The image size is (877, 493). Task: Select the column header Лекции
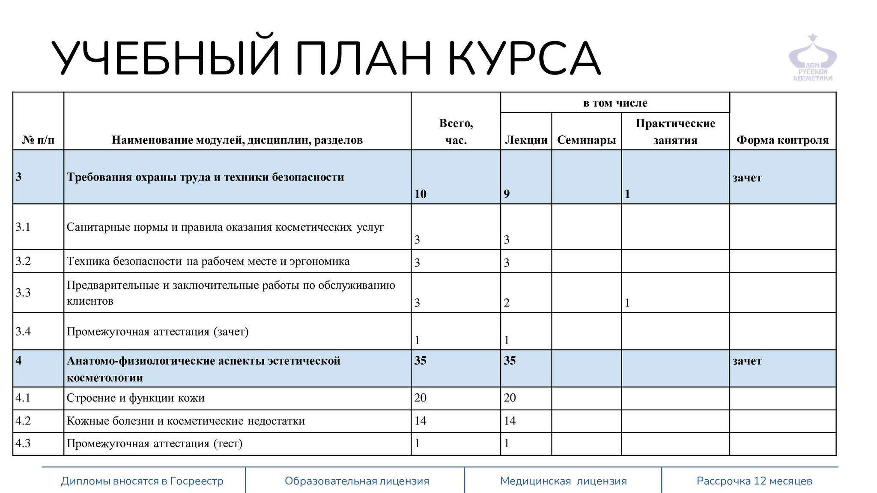click(526, 140)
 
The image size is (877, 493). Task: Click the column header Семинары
click(586, 140)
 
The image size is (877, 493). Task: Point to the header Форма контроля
click(782, 140)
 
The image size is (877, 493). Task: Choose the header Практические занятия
click(675, 132)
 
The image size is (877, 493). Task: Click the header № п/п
click(38, 140)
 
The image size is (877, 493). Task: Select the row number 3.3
click(23, 293)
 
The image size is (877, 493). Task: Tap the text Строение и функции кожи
click(135, 398)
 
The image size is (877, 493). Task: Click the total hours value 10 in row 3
click(420, 194)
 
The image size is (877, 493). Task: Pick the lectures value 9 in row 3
click(507, 194)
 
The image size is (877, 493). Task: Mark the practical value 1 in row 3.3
click(627, 303)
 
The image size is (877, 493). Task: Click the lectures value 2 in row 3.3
click(507, 303)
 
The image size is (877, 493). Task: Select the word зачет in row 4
click(747, 361)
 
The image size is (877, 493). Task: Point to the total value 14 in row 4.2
click(420, 421)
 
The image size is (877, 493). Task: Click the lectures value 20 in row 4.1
click(510, 398)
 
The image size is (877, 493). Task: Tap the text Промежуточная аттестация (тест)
click(155, 443)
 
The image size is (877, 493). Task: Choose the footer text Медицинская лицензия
click(563, 481)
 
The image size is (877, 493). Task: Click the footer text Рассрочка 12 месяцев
click(754, 481)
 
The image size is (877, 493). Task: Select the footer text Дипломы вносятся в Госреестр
click(142, 481)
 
